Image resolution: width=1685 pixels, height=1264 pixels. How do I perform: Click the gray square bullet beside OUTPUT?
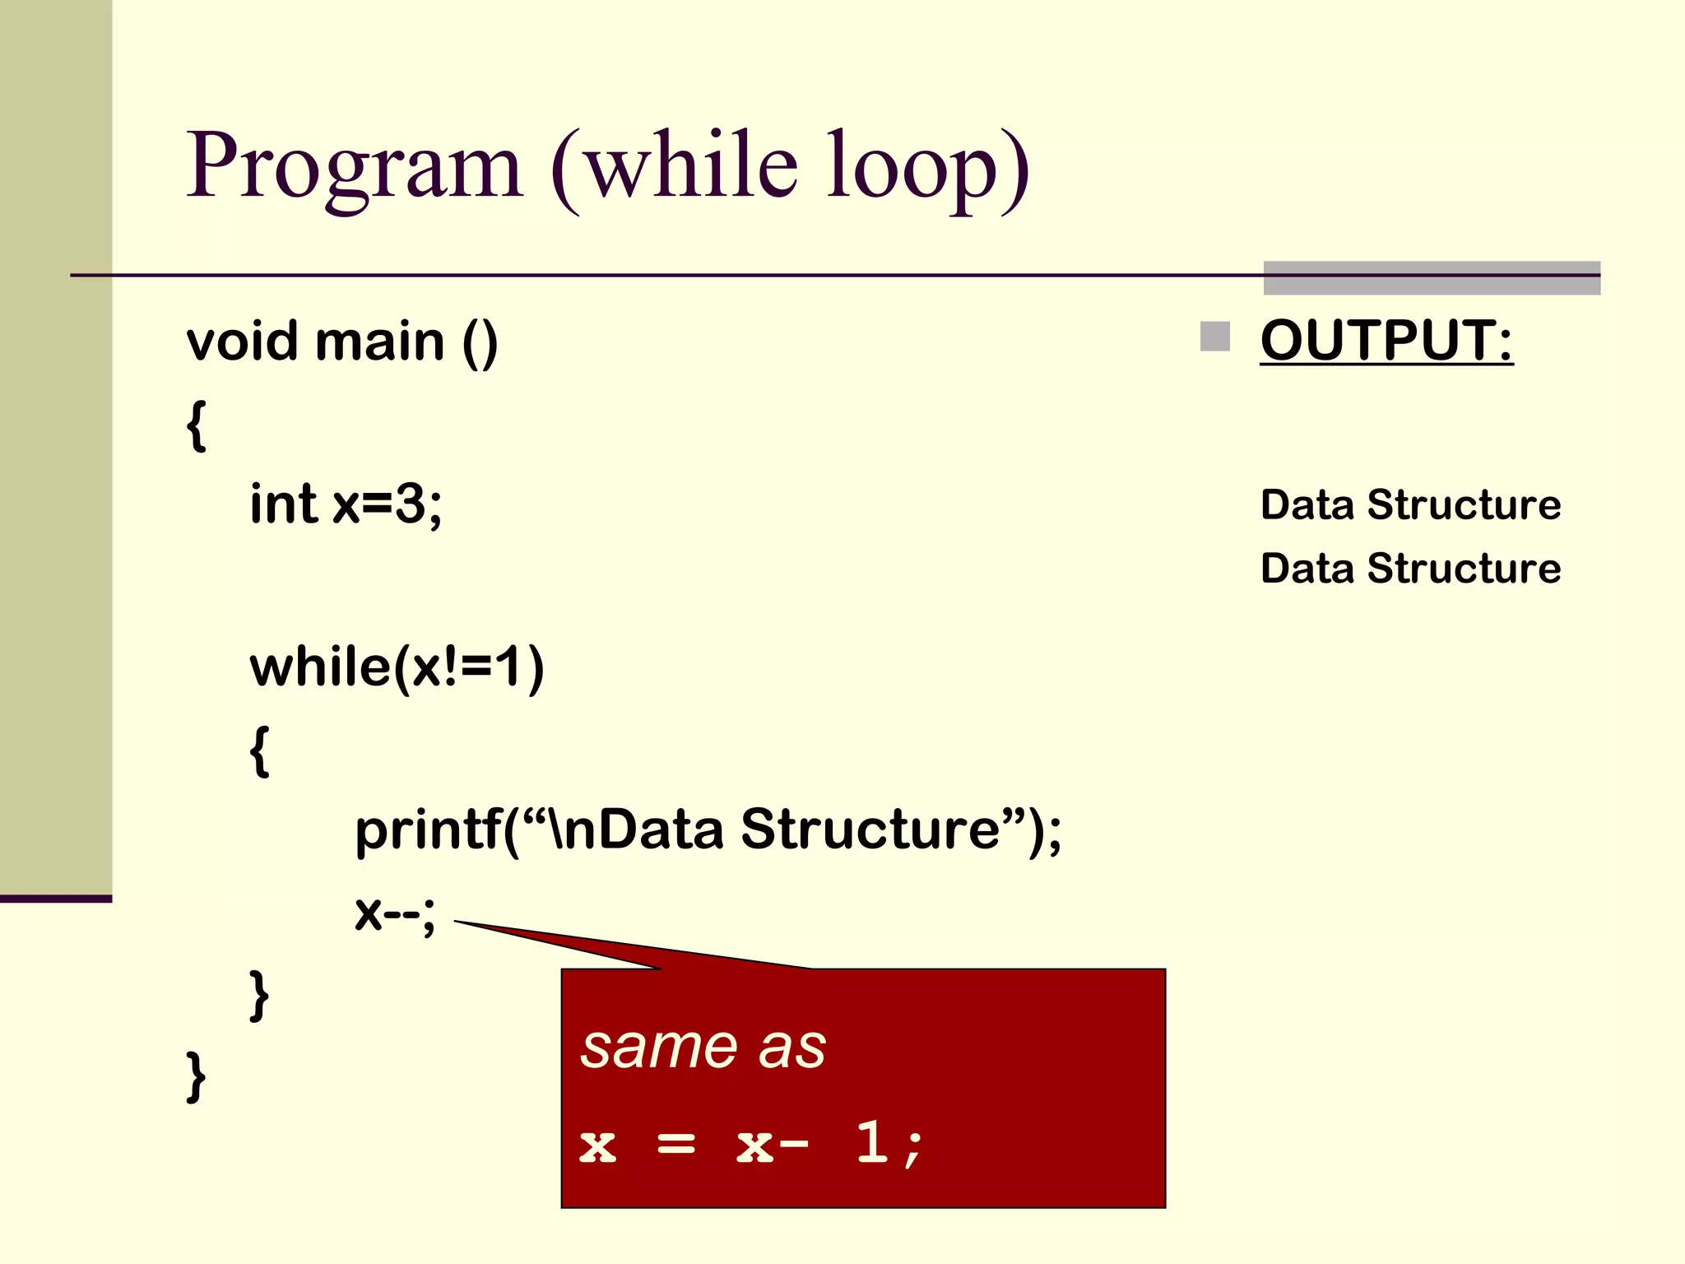(x=1214, y=337)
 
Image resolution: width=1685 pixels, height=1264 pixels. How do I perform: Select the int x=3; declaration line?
(x=346, y=504)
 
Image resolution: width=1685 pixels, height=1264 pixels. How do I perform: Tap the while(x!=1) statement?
(x=397, y=667)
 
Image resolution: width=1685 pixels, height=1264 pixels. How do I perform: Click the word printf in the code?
(x=428, y=829)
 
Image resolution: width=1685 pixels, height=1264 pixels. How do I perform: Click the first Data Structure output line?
(x=1410, y=504)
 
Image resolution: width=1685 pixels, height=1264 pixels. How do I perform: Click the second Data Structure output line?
(x=1410, y=569)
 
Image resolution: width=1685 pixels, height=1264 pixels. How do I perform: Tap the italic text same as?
(x=703, y=1048)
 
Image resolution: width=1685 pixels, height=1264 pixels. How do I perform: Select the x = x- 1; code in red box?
(x=750, y=1145)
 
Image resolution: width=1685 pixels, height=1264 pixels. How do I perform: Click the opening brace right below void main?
(x=196, y=425)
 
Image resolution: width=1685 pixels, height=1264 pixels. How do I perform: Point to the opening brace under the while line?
(x=259, y=750)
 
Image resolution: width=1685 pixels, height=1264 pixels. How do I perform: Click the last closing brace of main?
(x=196, y=1076)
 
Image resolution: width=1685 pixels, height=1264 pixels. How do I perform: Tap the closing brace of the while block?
(x=259, y=996)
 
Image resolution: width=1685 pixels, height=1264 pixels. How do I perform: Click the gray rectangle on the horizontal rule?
(x=1432, y=278)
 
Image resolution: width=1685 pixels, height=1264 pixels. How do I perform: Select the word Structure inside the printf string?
(x=870, y=829)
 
